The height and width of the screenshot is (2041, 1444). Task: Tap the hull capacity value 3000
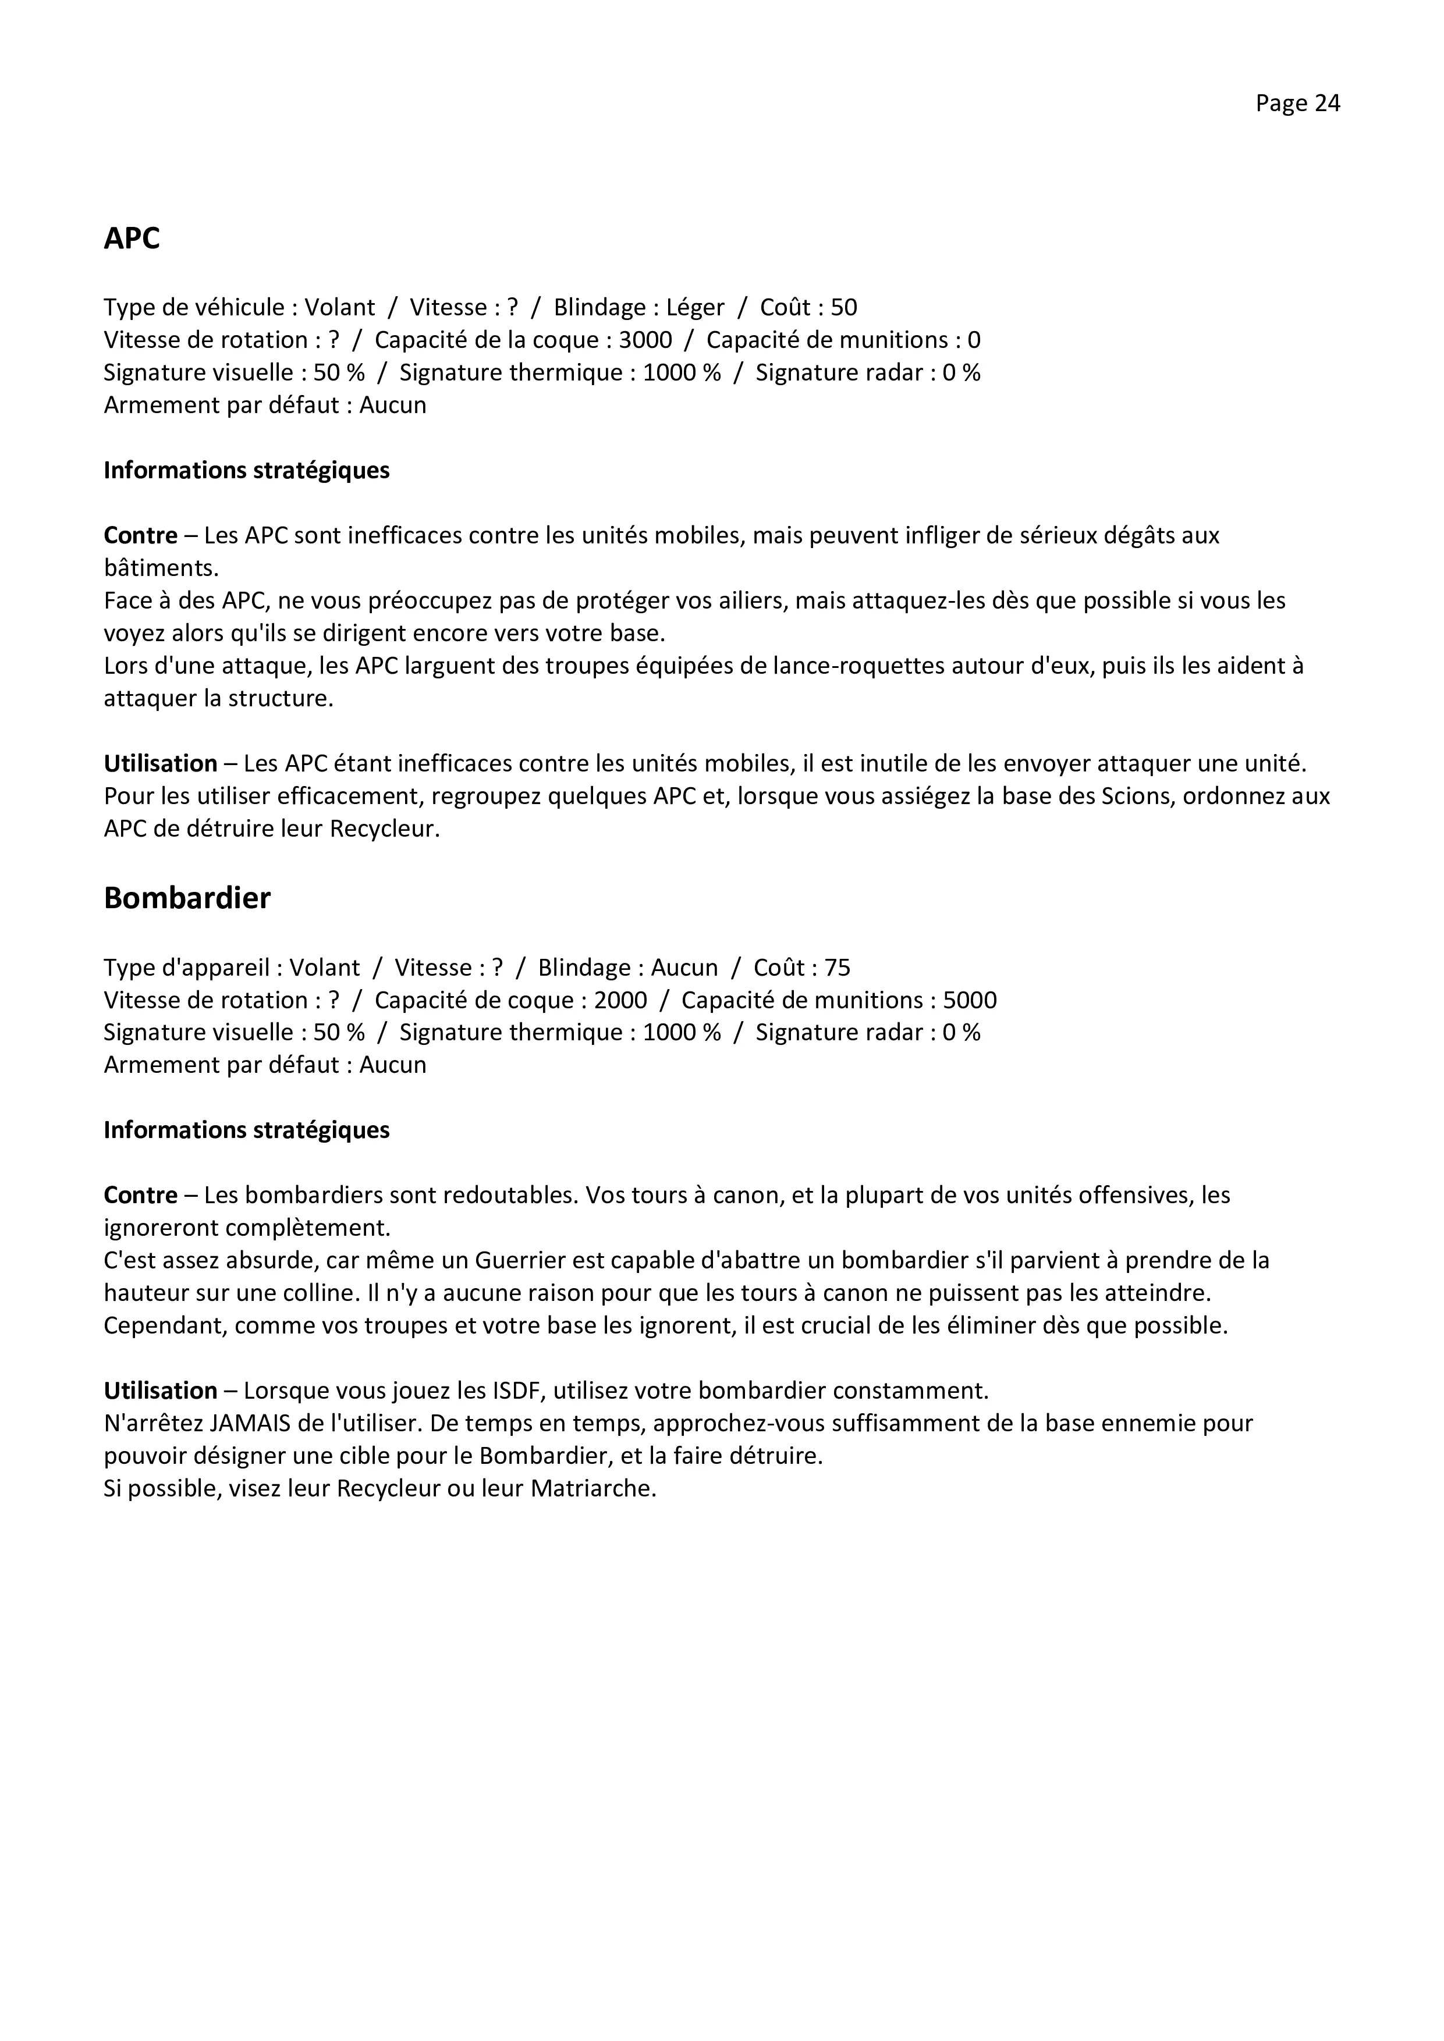pos(645,340)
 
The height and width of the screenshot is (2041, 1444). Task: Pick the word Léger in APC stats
pos(696,308)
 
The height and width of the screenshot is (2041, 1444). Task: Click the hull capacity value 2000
pos(620,1000)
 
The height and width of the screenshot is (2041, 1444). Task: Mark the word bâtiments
pos(160,568)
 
